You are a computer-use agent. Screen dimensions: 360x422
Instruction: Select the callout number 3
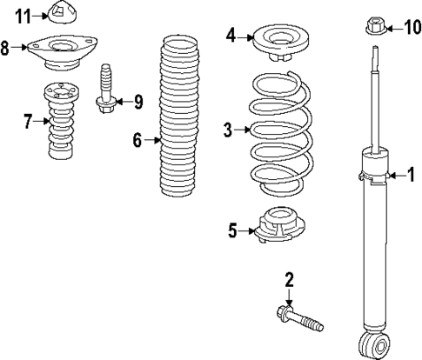[228, 130]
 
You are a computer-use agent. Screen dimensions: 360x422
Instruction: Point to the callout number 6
[137, 138]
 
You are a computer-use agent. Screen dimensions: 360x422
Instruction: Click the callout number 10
[412, 29]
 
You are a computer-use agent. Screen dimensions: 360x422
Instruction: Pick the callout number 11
[23, 15]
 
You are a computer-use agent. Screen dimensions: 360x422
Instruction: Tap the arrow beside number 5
[246, 230]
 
